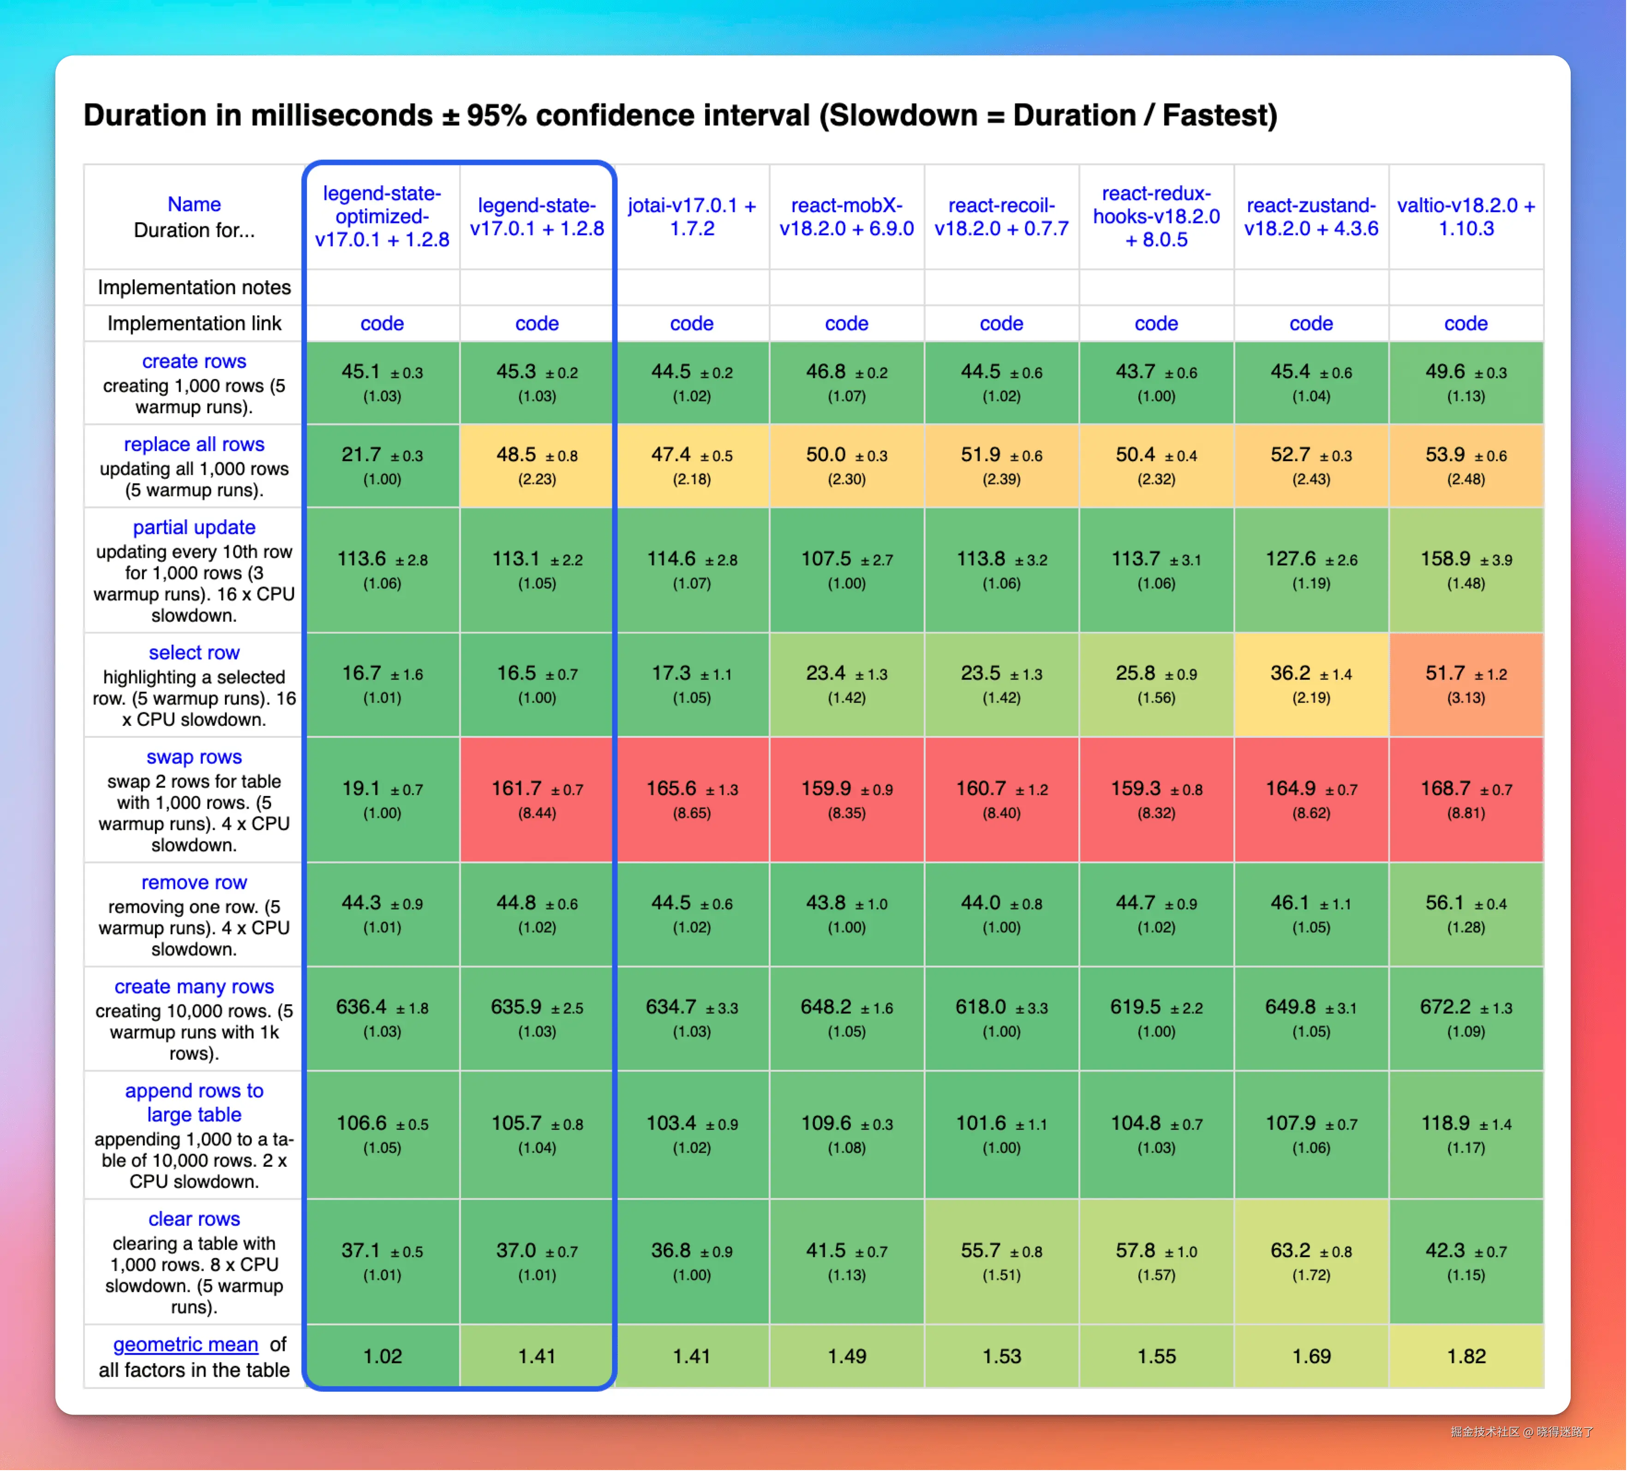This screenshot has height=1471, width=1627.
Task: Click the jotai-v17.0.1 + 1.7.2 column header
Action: [x=692, y=217]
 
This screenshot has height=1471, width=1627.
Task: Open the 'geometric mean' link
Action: [x=185, y=1344]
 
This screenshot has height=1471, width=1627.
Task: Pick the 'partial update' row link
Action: [x=194, y=527]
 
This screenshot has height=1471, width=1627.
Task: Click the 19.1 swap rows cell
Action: [x=382, y=799]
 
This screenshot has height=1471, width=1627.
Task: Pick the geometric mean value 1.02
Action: [x=382, y=1356]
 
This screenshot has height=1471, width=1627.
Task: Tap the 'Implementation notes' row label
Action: [x=194, y=288]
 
